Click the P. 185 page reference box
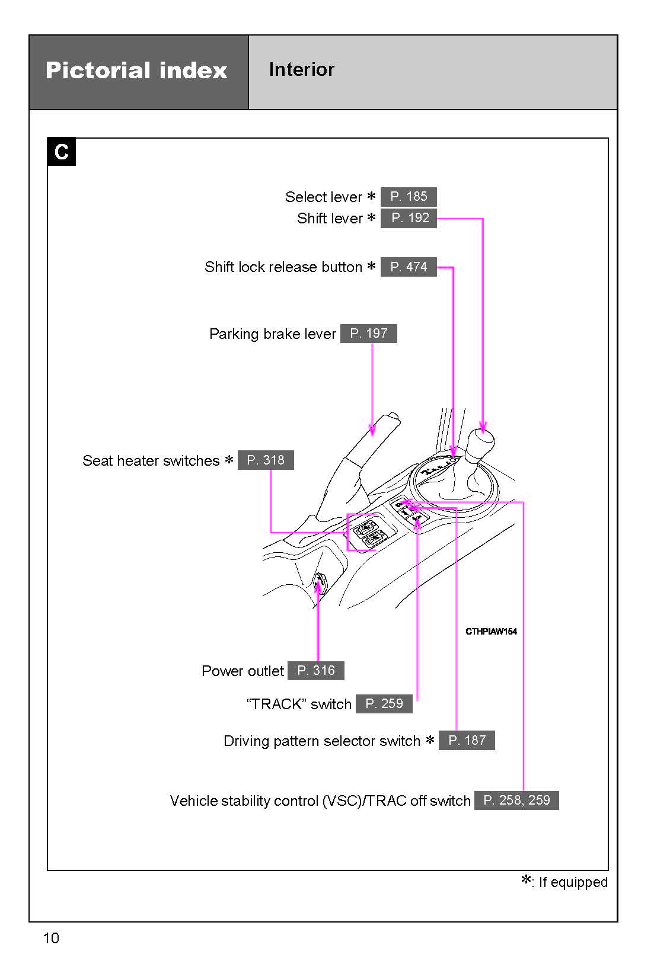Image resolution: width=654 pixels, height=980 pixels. [x=409, y=197]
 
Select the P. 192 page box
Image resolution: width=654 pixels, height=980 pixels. [x=409, y=218]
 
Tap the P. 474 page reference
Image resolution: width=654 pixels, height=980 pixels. [x=409, y=267]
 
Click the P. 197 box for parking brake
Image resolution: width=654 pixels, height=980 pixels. [x=368, y=334]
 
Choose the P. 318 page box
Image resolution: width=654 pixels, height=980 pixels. [x=266, y=460]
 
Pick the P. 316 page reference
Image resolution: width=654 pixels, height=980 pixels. [x=315, y=671]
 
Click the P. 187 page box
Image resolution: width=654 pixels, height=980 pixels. [x=467, y=741]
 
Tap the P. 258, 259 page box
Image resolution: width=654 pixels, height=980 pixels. [x=516, y=800]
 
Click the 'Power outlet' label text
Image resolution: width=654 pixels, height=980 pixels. [x=243, y=671]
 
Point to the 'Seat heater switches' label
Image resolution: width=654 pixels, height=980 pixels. [x=151, y=460]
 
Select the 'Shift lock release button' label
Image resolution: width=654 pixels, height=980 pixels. [x=283, y=267]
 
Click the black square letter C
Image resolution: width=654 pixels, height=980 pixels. [x=62, y=152]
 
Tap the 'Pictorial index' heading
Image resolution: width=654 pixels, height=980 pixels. [x=136, y=71]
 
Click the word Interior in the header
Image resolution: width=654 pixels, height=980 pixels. [x=301, y=69]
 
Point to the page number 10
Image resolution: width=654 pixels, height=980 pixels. [x=51, y=938]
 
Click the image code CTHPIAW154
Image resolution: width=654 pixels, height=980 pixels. [x=491, y=632]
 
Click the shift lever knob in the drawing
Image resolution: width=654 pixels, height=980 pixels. [x=480, y=444]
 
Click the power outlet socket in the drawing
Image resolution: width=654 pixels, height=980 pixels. [x=320, y=583]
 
